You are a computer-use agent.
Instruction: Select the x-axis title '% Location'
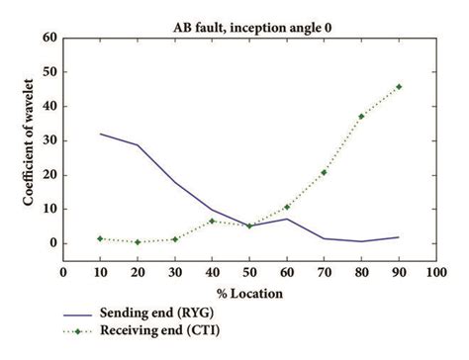click(x=247, y=294)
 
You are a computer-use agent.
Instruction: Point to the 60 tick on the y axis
click(x=48, y=39)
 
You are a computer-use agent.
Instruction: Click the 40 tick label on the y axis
click(x=48, y=107)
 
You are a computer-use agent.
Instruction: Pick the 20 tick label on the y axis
click(x=48, y=175)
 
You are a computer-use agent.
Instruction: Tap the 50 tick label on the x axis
click(x=248, y=274)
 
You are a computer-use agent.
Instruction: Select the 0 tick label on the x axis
click(x=63, y=274)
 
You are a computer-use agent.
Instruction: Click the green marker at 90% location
click(x=398, y=87)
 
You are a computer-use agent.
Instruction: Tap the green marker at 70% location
click(x=324, y=172)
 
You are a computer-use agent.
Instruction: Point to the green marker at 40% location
click(x=212, y=221)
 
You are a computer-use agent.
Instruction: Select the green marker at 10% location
click(x=101, y=238)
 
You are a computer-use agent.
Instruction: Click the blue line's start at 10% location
click(x=101, y=134)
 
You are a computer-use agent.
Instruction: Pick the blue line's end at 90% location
click(x=398, y=237)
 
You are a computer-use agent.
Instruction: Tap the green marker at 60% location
click(x=286, y=207)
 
